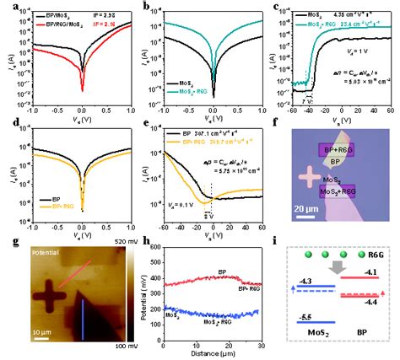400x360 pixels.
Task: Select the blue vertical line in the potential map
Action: click(85, 311)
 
